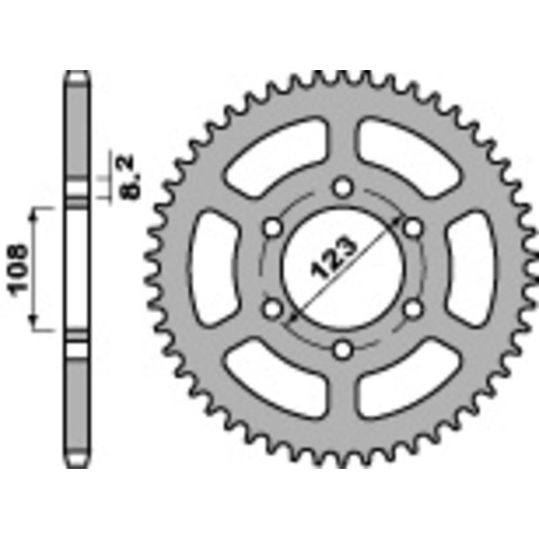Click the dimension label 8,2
[x=127, y=177]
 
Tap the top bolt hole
[x=344, y=185]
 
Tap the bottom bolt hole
[x=344, y=349]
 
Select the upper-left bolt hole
[x=273, y=227]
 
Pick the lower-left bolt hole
[x=273, y=309]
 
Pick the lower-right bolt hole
[x=414, y=309]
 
